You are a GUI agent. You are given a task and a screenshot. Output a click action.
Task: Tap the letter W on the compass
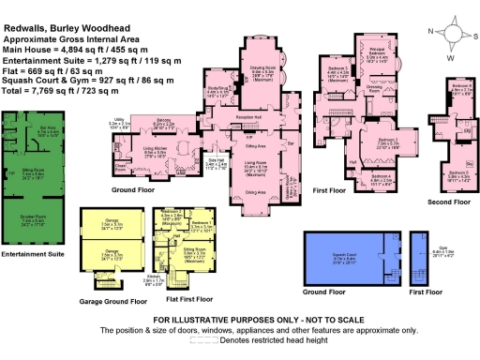point(451,57)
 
